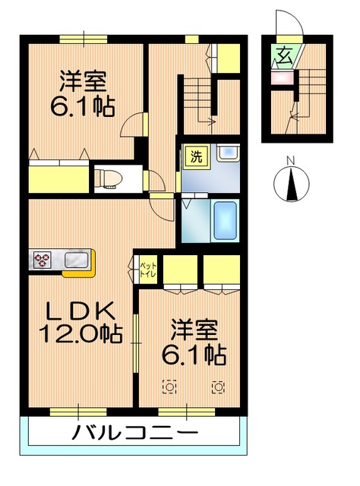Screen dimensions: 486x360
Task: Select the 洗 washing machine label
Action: (196, 159)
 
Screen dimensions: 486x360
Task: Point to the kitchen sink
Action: (76, 261)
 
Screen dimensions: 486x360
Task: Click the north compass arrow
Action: (289, 185)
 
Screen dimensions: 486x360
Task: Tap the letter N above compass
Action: (289, 160)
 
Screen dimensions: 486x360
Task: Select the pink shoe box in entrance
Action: (282, 77)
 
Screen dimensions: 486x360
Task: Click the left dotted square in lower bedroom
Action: (169, 387)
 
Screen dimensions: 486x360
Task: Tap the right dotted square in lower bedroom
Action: (219, 387)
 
